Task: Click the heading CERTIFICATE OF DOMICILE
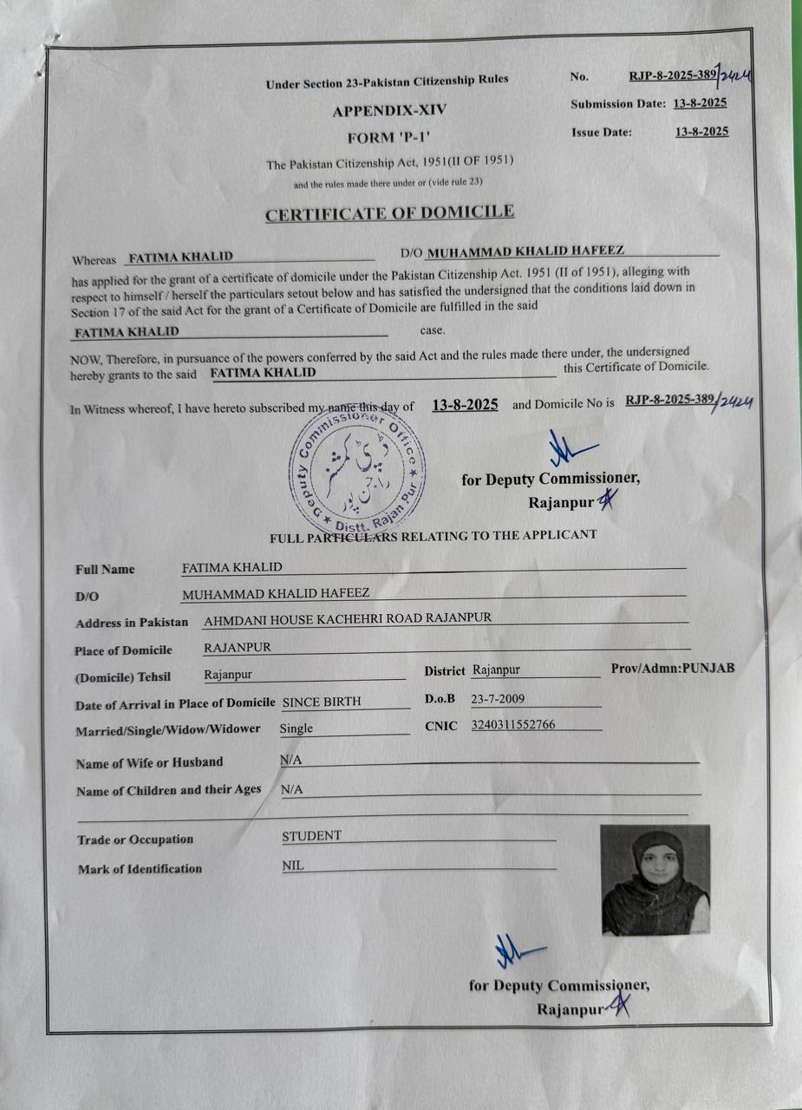click(x=389, y=212)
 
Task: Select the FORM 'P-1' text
click(x=382, y=137)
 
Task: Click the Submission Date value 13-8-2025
click(x=700, y=103)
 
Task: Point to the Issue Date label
click(x=602, y=133)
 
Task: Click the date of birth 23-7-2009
click(x=497, y=698)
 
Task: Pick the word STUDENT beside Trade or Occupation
click(x=312, y=836)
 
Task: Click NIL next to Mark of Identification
click(x=293, y=865)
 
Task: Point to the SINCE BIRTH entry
click(x=322, y=702)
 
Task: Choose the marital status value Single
click(x=297, y=728)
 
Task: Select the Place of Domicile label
click(x=124, y=650)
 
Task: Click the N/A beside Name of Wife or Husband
click(x=290, y=760)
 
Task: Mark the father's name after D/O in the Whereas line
click(x=526, y=251)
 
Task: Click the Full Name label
click(x=105, y=570)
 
